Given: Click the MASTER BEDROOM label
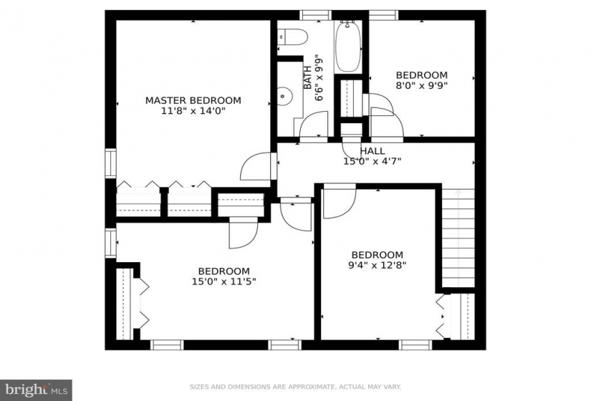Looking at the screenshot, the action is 193,101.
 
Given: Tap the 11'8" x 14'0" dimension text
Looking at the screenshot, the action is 193,111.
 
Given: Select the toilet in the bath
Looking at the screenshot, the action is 292,37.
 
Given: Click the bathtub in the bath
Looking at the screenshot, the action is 348,46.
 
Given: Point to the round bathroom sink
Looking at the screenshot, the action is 285,96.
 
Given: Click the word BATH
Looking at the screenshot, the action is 307,77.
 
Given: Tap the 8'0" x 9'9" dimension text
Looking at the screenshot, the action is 421,85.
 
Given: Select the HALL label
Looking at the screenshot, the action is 373,151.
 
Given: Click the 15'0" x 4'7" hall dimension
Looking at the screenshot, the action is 373,161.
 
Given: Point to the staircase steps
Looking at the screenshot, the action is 458,238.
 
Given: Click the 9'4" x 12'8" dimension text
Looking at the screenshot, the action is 378,265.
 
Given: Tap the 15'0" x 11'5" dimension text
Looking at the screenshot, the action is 224,281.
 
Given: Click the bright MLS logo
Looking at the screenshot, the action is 37,389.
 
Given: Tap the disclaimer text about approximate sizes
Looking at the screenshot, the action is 295,387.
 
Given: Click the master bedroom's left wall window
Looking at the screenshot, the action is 110,163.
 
